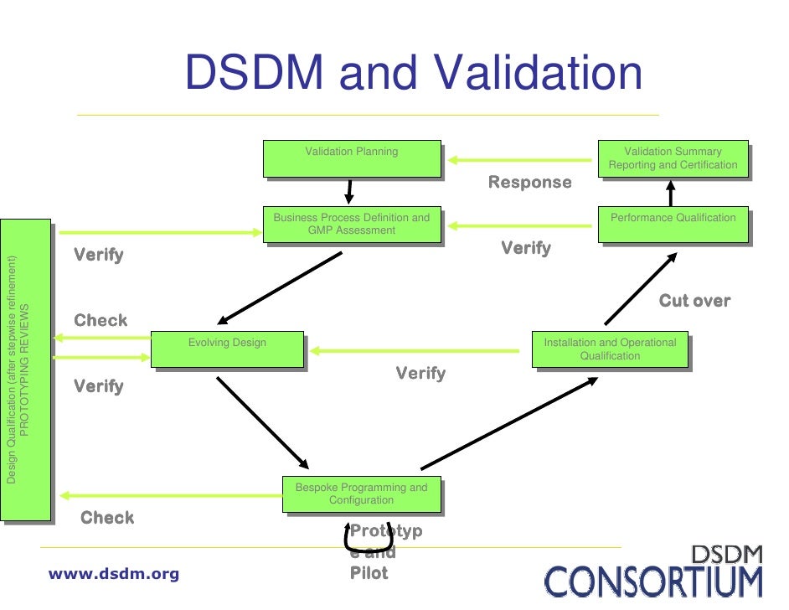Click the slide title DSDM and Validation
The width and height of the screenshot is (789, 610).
coord(414,73)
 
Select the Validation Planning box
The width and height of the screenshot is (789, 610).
coord(352,158)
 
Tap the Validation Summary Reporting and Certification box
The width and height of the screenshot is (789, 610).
coord(673,158)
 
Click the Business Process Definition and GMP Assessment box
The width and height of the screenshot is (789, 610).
coord(352,224)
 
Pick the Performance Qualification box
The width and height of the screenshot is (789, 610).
coord(673,224)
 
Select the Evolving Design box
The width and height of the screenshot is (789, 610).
coord(227,349)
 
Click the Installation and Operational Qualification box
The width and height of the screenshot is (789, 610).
coord(610,349)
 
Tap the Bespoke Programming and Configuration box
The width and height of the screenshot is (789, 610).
coord(361,494)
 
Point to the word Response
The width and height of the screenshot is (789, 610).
coord(529,183)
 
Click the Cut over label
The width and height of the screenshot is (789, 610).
coord(694,301)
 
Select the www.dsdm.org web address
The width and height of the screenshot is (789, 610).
coord(114,574)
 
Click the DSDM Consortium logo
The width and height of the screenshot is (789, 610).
coord(654,571)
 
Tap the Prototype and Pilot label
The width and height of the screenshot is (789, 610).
coord(385,552)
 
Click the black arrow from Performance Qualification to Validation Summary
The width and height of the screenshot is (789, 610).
coord(670,194)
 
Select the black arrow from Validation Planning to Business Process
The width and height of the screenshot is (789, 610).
coord(350,191)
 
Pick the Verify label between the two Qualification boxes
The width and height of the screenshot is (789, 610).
coord(526,248)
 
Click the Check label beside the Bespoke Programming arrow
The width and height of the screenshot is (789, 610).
coord(106,518)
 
